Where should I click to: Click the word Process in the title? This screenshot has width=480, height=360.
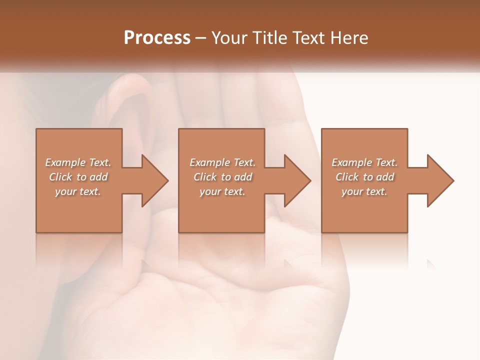157,38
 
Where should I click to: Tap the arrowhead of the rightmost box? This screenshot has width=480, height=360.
439,180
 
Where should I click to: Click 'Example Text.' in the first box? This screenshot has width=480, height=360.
78,162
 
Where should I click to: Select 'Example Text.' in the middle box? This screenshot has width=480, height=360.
222,162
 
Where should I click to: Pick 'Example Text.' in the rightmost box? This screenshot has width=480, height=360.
364,162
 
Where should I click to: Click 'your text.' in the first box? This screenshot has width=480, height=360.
78,191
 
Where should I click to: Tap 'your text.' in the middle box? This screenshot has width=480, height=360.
222,191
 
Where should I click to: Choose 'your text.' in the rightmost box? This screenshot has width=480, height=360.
364,191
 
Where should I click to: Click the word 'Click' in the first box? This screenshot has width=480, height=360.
60,177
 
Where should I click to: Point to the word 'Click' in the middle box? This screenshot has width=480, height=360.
205,177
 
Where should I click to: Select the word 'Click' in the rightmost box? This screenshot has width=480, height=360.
347,177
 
